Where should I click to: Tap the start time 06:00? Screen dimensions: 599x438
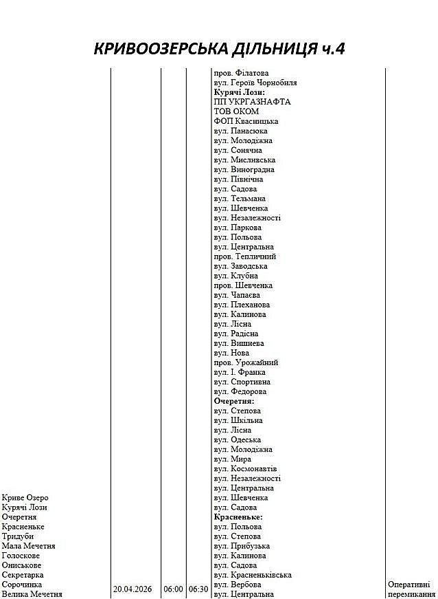pyautogui.click(x=173, y=589)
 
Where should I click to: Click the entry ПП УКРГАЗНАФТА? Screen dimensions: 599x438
pyautogui.click(x=252, y=102)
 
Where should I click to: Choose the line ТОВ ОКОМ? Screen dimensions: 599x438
pyautogui.click(x=236, y=111)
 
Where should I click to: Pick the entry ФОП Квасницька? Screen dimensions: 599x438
pyautogui.click(x=246, y=121)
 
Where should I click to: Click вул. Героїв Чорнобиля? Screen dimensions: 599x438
pyautogui.click(x=255, y=83)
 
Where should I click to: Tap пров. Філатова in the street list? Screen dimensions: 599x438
pyautogui.click(x=241, y=73)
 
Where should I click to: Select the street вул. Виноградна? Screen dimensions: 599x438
pyautogui.click(x=244, y=169)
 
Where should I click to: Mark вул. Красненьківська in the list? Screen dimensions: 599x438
pyautogui.click(x=253, y=575)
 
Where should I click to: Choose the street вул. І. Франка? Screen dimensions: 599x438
pyautogui.click(x=240, y=372)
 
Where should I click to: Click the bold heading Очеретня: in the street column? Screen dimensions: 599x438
pyautogui.click(x=234, y=401)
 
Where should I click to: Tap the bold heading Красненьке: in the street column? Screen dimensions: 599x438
pyautogui.click(x=238, y=516)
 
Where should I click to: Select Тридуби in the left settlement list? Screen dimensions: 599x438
pyautogui.click(x=17, y=536)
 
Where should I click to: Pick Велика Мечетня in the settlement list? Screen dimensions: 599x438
pyautogui.click(x=32, y=594)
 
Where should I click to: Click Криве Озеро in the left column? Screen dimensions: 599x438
pyautogui.click(x=25, y=497)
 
